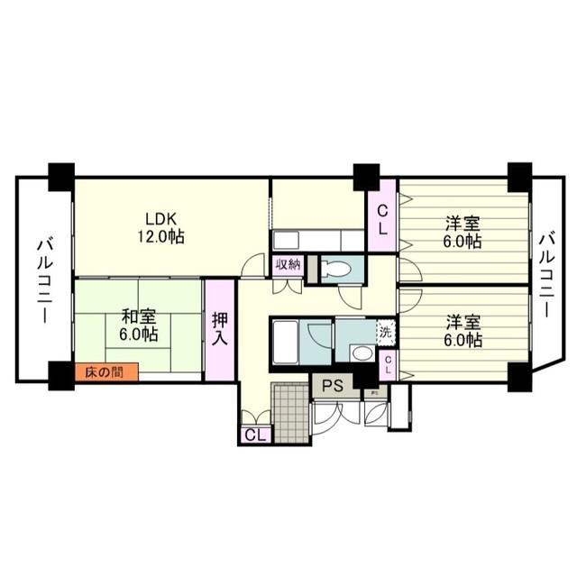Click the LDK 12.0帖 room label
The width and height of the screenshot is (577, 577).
click(161, 228)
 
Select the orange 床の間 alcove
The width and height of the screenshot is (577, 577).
click(106, 371)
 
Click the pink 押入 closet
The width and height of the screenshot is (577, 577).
click(220, 330)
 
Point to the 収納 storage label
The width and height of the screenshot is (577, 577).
click(288, 265)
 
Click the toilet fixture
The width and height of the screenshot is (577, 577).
click(335, 269)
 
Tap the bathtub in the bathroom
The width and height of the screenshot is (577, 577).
click(289, 340)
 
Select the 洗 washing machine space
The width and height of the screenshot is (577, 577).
click(386, 331)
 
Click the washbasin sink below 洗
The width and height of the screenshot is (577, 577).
click(360, 353)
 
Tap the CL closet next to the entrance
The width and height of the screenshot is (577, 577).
click(254, 435)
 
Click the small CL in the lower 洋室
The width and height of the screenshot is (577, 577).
click(388, 364)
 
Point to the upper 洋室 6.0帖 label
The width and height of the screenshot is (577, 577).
click(462, 233)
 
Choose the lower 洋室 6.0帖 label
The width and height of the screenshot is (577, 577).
click(462, 331)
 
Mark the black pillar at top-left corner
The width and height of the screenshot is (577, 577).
click(60, 175)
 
